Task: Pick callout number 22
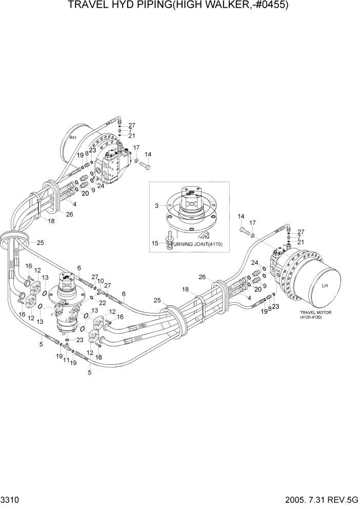[103, 303]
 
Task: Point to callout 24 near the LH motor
[254, 263]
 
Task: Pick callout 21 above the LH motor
[301, 242]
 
